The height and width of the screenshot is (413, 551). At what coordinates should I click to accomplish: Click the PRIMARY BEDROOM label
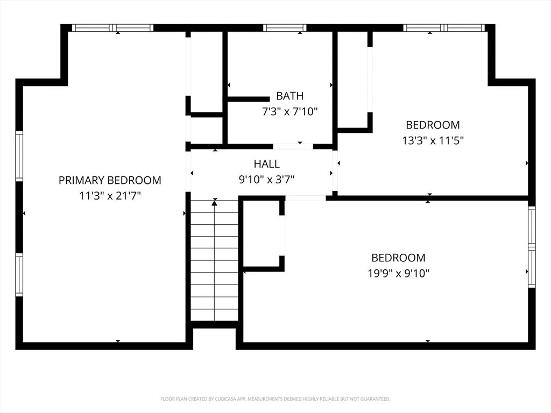point(110,180)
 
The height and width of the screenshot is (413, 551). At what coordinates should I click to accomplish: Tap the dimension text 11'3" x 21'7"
point(110,196)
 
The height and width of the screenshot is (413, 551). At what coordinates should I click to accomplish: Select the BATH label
point(289,96)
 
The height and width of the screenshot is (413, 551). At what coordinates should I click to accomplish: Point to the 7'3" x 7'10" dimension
point(290,112)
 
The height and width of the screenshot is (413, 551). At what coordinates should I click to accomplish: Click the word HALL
point(267,163)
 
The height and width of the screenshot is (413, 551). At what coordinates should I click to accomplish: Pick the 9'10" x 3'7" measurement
point(267,180)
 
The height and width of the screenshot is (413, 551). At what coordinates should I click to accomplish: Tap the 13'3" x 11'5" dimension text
point(433,140)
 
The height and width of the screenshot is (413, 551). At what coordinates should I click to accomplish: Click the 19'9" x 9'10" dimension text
point(399,273)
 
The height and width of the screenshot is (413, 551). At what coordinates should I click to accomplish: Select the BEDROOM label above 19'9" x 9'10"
point(399,258)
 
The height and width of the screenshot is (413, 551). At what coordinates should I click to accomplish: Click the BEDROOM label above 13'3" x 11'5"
point(433,125)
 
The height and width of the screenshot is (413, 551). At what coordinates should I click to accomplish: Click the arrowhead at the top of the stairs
point(215,202)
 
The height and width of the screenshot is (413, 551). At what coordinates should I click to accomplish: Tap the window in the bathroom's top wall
point(285,28)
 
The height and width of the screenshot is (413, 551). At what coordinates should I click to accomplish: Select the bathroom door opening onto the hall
point(293,146)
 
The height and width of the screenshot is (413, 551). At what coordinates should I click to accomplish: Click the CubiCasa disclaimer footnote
point(275,399)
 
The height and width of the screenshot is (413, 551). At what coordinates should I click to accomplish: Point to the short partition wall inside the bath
point(249,99)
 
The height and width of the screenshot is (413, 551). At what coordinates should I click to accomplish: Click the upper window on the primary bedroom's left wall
point(19,156)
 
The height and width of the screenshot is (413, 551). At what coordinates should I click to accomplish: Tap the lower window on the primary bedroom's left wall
point(19,275)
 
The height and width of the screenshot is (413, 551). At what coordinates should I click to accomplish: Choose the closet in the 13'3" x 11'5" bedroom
point(352,80)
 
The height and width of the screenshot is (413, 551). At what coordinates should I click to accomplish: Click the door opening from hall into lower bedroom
point(306,198)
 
